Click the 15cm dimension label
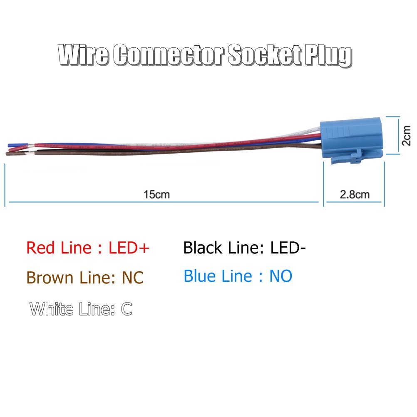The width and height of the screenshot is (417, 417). pyautogui.click(x=156, y=194)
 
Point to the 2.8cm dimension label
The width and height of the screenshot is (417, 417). pyautogui.click(x=355, y=194)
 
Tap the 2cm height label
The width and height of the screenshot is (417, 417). pyautogui.click(x=407, y=136)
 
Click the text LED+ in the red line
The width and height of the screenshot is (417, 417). pyautogui.click(x=129, y=248)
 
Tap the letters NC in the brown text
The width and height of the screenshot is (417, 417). pyautogui.click(x=132, y=278)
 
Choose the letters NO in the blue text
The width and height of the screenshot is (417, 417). pyautogui.click(x=280, y=276)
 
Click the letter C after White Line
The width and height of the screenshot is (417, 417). pyautogui.click(x=126, y=309)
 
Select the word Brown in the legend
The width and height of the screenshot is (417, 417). pyautogui.click(x=50, y=278)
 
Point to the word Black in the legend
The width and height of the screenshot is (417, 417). pyautogui.click(x=203, y=248)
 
